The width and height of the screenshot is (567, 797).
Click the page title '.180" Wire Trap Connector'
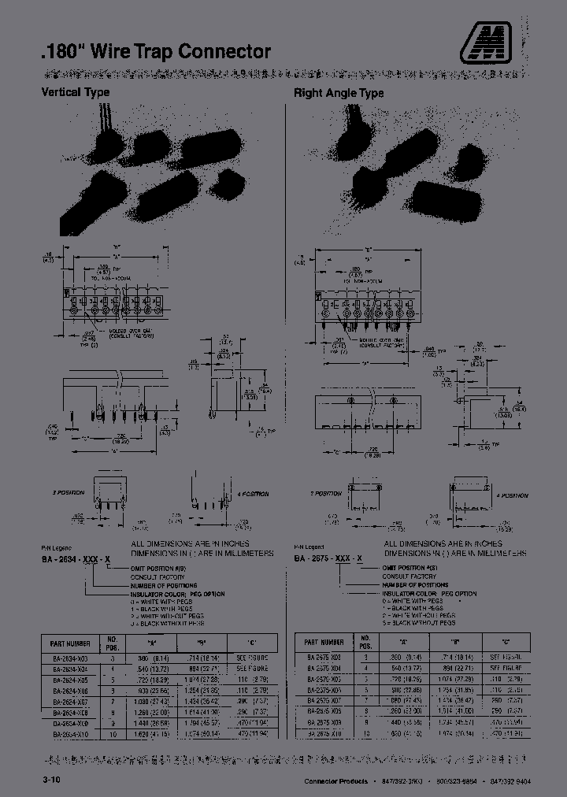155,52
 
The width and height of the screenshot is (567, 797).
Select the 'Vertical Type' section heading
76,92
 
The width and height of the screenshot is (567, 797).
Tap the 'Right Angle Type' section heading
339,93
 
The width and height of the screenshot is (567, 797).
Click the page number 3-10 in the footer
50,779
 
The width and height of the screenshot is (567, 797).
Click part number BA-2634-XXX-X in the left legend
76,557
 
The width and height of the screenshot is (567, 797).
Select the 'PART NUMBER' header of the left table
69,642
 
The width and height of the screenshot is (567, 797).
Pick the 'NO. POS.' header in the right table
365,642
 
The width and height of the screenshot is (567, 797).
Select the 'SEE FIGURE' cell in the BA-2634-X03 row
252,656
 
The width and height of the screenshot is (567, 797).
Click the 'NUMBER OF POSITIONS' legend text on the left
161,584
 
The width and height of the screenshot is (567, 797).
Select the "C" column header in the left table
252,642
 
